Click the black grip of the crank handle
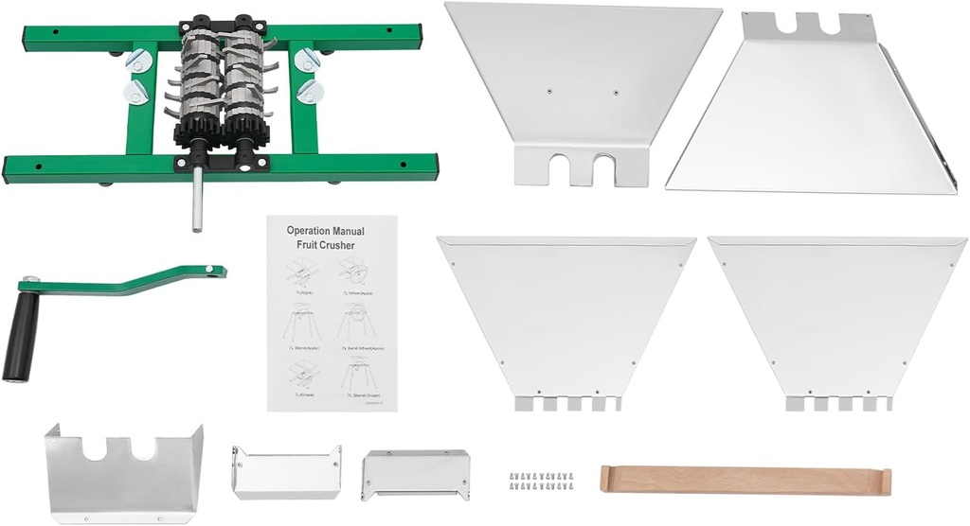click(x=21, y=336)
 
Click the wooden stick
click(x=745, y=480)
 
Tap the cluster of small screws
click(x=540, y=481)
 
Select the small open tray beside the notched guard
click(x=286, y=472)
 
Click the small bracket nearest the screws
click(x=415, y=473)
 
